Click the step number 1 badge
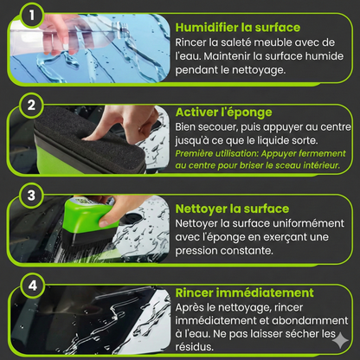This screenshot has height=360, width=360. click(x=30, y=15)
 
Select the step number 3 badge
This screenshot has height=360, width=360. click(x=30, y=196)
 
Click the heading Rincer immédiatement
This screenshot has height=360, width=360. click(x=243, y=292)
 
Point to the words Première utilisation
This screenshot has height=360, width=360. click(x=209, y=153)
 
